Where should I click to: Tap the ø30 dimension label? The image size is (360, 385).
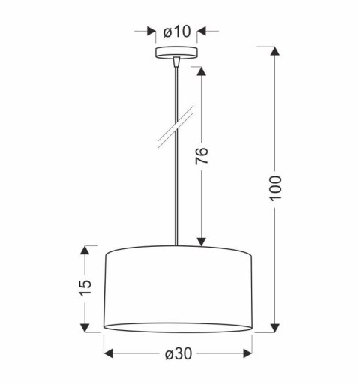click(178, 353)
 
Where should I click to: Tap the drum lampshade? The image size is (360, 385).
click(178, 289)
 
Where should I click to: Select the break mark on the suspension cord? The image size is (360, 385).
click(176, 133)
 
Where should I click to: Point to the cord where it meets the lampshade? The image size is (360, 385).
click(176, 243)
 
